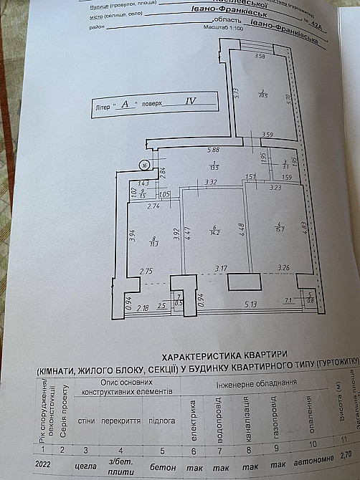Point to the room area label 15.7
(x=280, y=228)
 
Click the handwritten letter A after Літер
(x=125, y=104)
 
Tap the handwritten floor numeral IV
(x=190, y=101)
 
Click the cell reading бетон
(x=161, y=464)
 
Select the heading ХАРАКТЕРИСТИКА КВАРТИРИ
(x=224, y=354)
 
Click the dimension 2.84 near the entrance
(x=163, y=171)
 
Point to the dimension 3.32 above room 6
(x=210, y=183)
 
